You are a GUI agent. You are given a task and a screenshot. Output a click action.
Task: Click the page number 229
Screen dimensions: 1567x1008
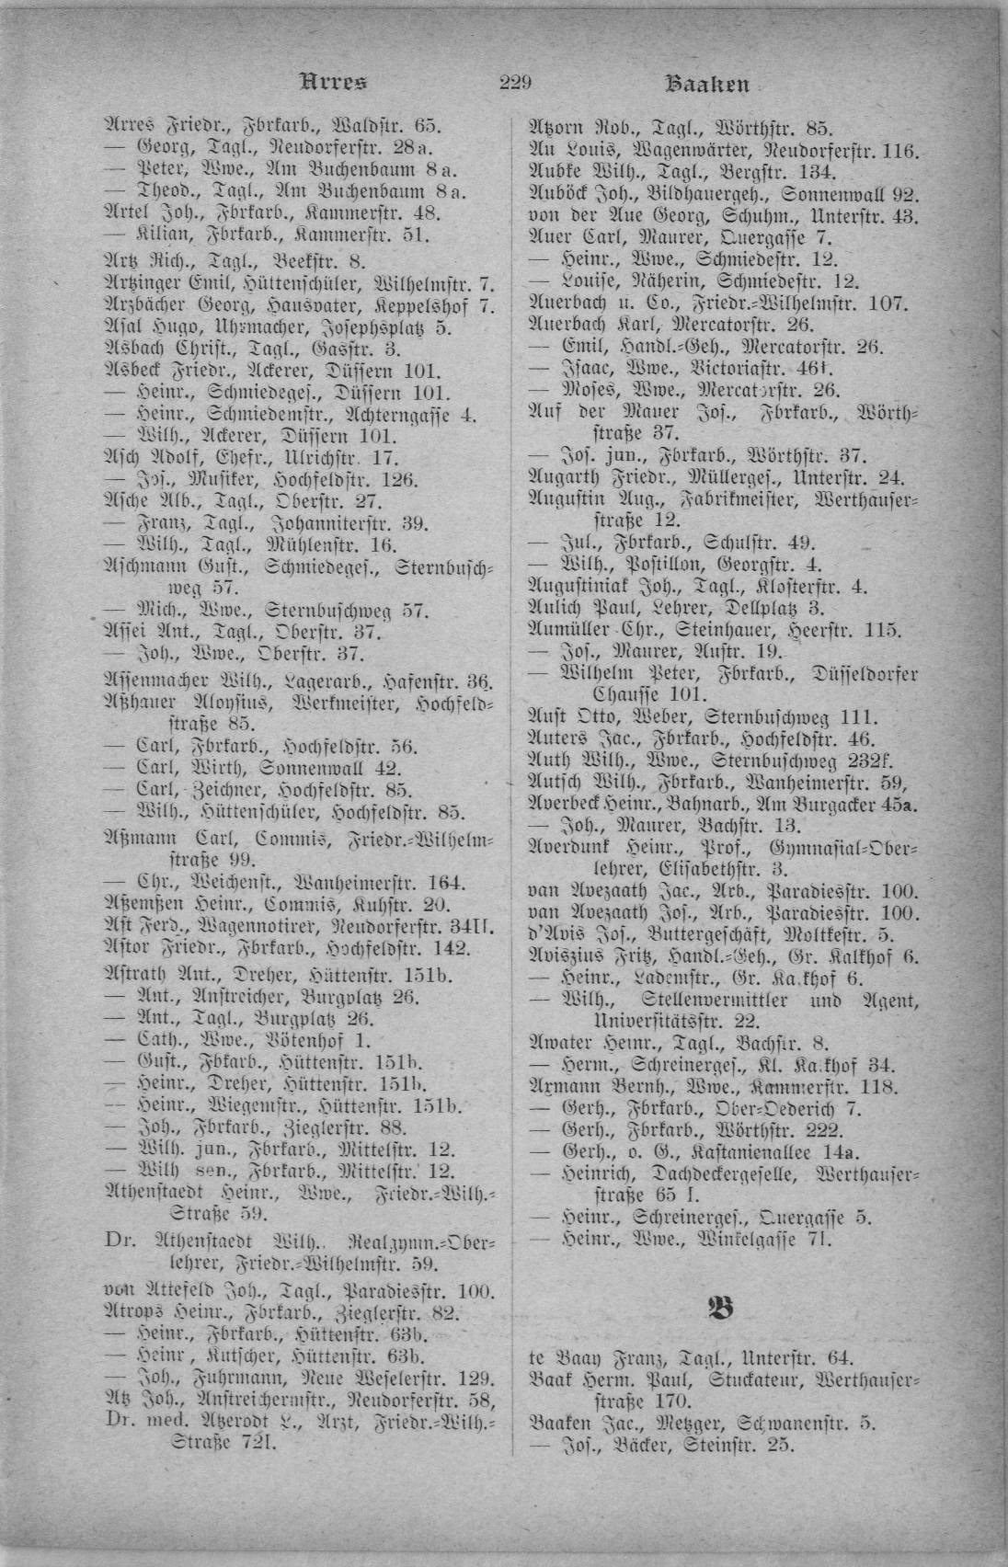click(x=516, y=84)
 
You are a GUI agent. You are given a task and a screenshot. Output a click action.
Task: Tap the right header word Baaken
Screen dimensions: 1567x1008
click(x=706, y=85)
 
